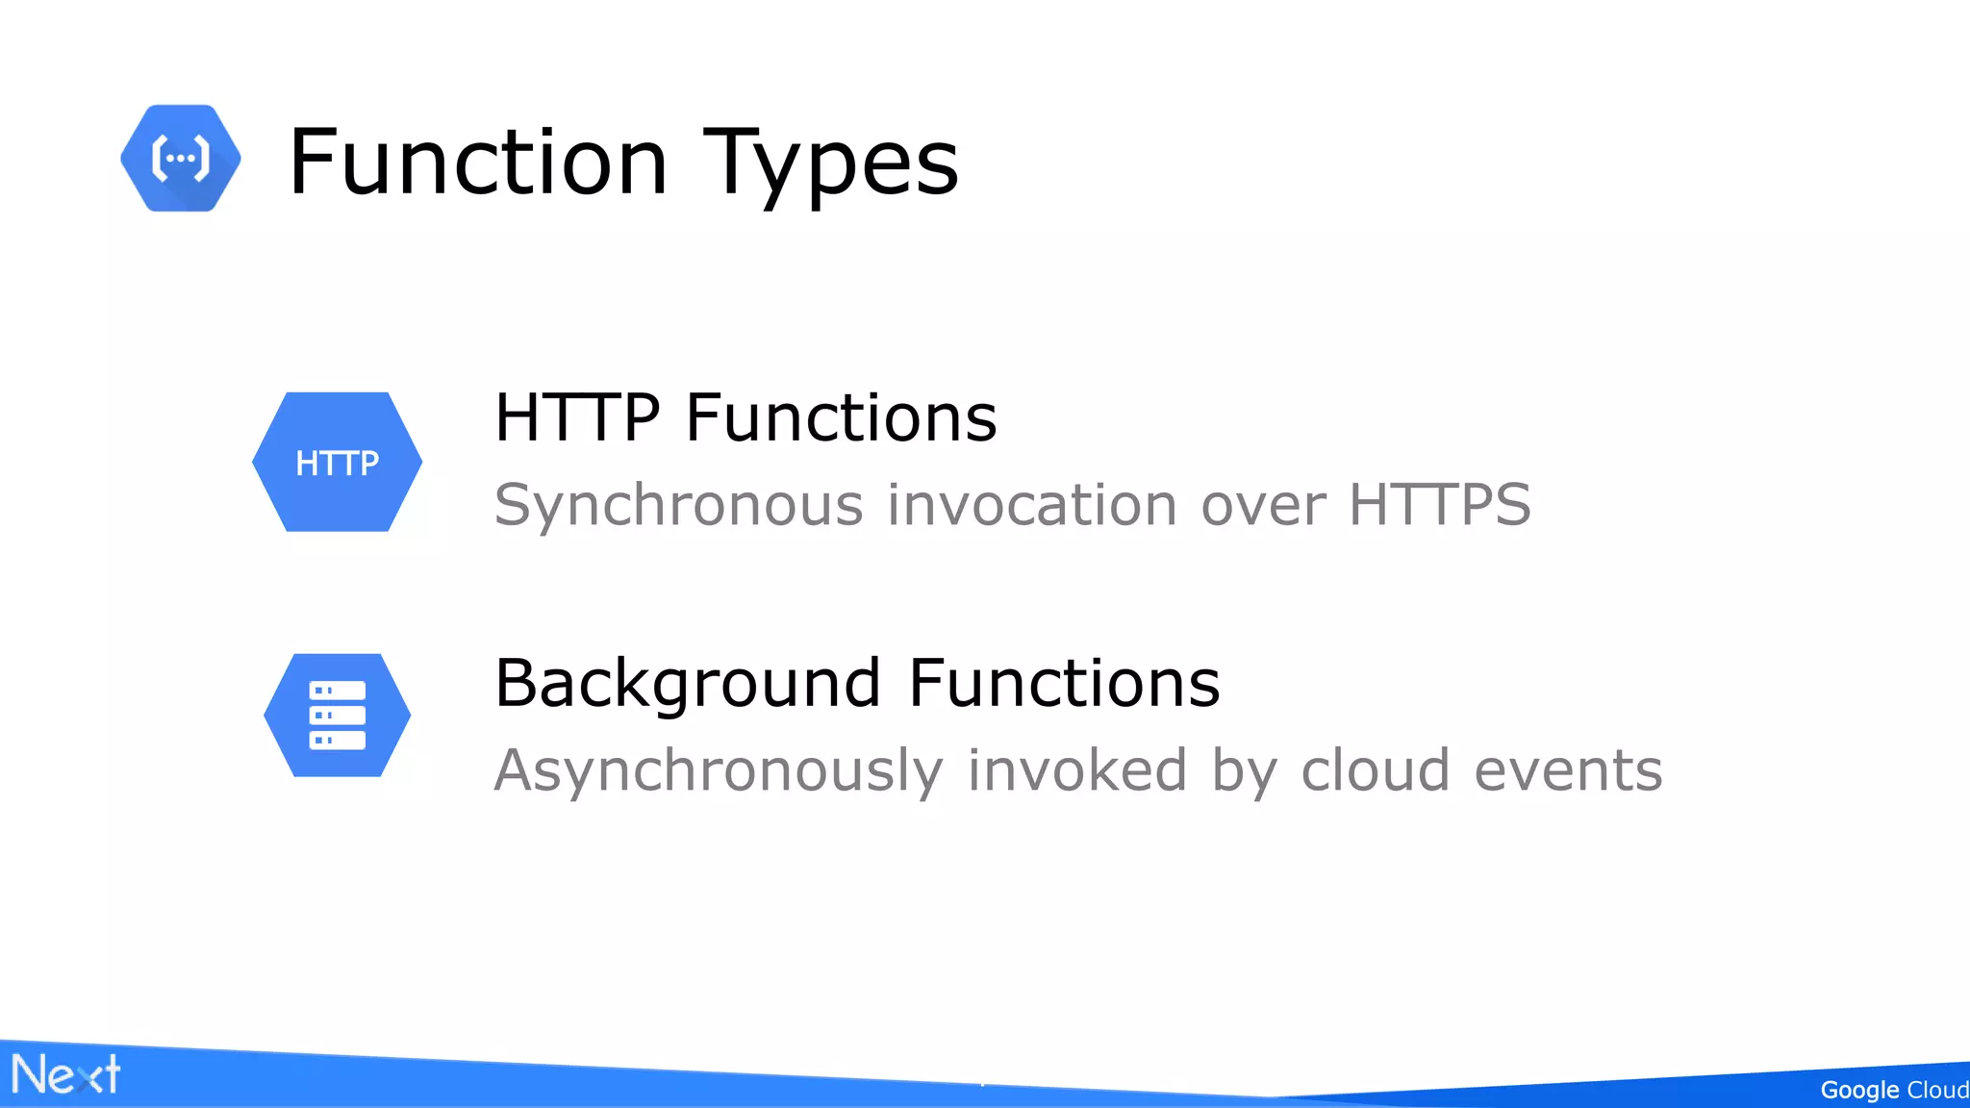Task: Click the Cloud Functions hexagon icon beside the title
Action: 181,159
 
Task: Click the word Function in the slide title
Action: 478,162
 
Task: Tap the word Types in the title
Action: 831,164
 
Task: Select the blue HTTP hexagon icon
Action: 337,462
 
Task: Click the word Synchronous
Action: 679,505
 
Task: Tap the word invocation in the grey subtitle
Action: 1032,505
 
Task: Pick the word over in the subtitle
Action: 1264,505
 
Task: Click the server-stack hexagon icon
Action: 337,716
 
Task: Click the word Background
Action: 688,684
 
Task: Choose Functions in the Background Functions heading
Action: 1064,683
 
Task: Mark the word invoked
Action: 1077,770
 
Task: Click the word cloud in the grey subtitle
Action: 1375,770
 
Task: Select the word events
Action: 1568,770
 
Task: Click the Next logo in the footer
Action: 65,1074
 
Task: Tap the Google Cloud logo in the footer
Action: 1893,1090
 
